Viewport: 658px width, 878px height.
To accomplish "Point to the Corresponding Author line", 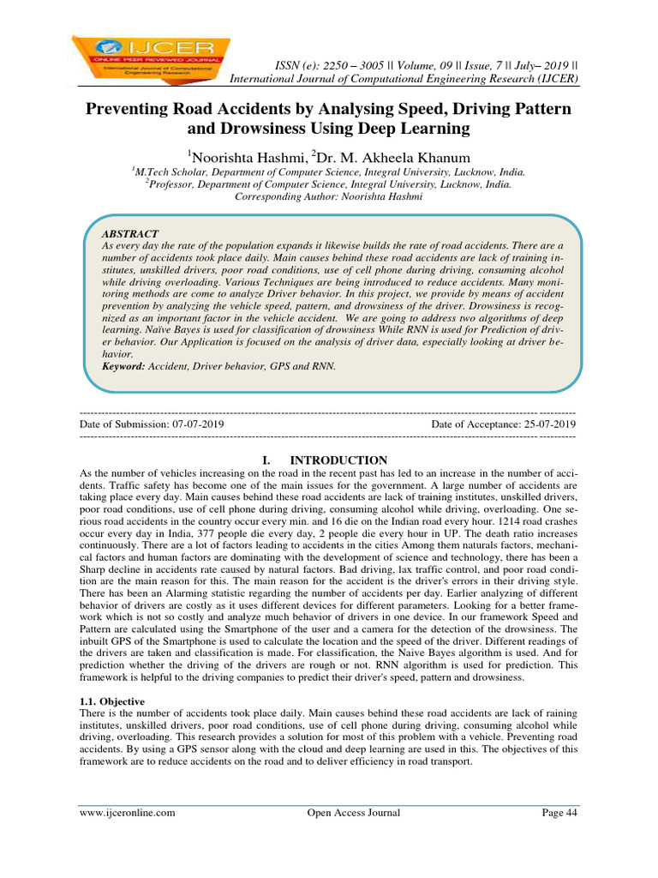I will (x=329, y=196).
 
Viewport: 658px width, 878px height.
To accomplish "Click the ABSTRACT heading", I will (x=130, y=234).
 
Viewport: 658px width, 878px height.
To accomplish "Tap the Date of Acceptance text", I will (x=504, y=424).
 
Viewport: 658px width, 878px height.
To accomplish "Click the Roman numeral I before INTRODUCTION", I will (x=266, y=460).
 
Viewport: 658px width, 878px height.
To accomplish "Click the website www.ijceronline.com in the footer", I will (x=128, y=813).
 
